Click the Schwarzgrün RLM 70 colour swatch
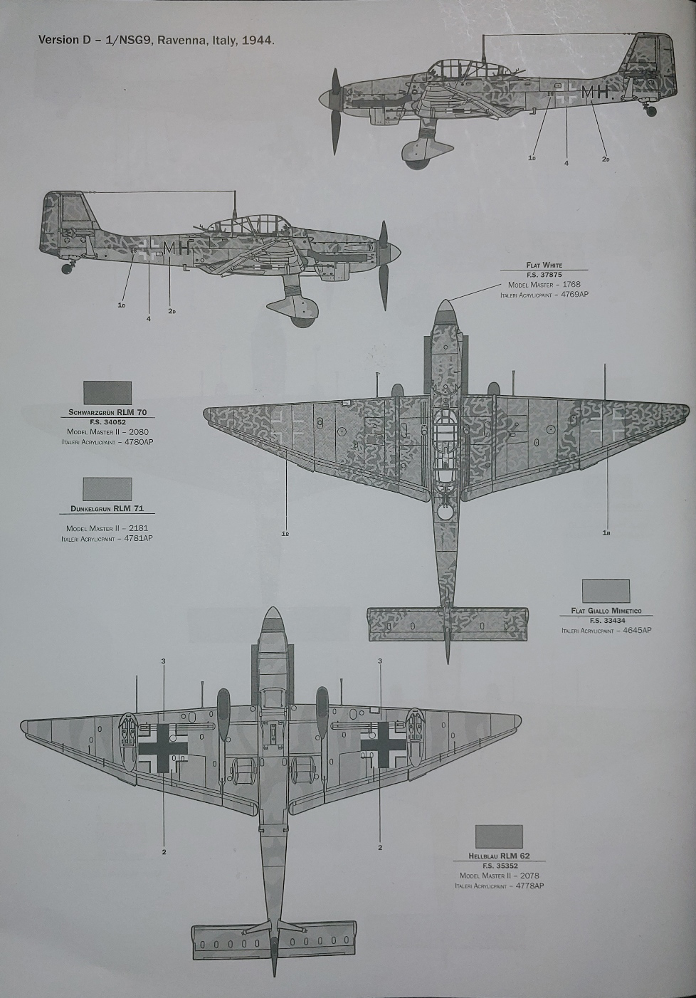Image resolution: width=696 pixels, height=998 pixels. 107,392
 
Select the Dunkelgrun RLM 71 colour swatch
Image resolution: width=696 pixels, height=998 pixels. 107,489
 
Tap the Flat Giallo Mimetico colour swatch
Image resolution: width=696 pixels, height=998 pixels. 606,591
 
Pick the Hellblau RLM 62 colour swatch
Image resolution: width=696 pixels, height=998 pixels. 498,836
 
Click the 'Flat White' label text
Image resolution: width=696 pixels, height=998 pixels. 544,265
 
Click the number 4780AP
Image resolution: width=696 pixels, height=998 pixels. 138,442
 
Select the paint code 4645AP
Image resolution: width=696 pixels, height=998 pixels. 637,630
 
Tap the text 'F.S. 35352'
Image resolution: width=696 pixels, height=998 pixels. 499,866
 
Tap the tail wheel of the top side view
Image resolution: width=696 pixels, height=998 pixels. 650,111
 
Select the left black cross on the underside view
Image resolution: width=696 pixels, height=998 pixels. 163,747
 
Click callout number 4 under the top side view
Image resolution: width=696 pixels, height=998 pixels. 566,164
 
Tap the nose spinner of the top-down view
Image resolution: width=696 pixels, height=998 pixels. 445,310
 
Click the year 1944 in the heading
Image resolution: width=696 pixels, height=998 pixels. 257,40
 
